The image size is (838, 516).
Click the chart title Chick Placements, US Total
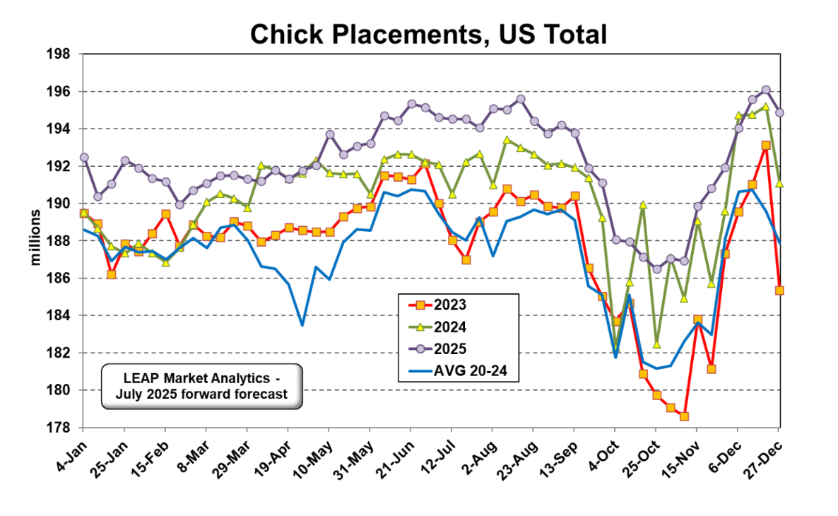point(428,33)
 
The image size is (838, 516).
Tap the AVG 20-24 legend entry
point(459,370)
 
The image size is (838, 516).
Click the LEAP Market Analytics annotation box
point(201,387)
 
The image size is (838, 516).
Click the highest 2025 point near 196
point(766,90)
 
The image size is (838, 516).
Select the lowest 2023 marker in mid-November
point(684,416)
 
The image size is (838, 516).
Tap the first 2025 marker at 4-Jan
point(84,157)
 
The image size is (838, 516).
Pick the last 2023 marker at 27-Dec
point(779,290)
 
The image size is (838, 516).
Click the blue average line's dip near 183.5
point(302,325)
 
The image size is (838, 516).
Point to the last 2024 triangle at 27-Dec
point(779,184)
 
